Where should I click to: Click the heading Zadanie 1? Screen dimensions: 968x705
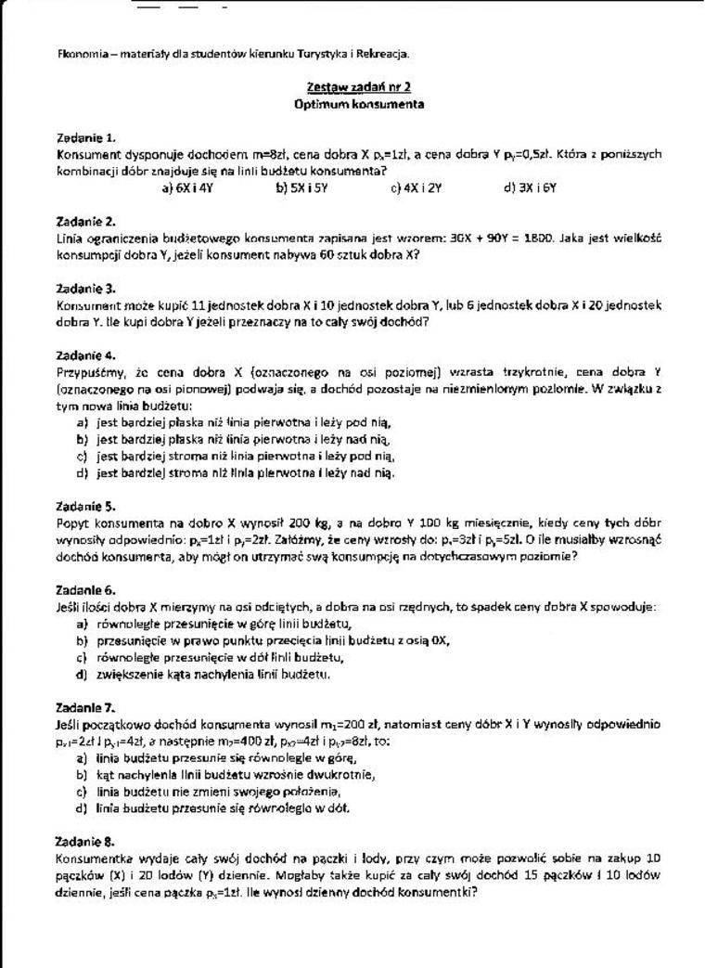pyautogui.click(x=86, y=137)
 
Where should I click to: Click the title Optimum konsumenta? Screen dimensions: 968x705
pyautogui.click(x=359, y=104)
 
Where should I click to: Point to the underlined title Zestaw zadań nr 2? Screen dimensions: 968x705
pyautogui.click(x=359, y=87)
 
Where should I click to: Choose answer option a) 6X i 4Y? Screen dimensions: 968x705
pyautogui.click(x=188, y=187)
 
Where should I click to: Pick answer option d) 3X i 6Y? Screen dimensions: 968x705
pyautogui.click(x=530, y=187)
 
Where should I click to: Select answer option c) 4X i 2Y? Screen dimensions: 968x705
pyautogui.click(x=417, y=187)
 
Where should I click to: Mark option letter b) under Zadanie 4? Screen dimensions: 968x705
pyautogui.click(x=83, y=439)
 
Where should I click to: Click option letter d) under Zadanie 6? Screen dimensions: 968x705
pyautogui.click(x=83, y=675)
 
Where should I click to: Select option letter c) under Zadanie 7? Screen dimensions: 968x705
pyautogui.click(x=83, y=792)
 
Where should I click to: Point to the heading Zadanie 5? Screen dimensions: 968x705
pyautogui.click(x=86, y=506)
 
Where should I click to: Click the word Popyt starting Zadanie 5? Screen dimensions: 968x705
pyautogui.click(x=71, y=523)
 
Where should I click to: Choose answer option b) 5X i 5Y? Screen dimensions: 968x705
pyautogui.click(x=302, y=187)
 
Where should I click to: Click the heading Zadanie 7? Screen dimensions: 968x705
pyautogui.click(x=86, y=706)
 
